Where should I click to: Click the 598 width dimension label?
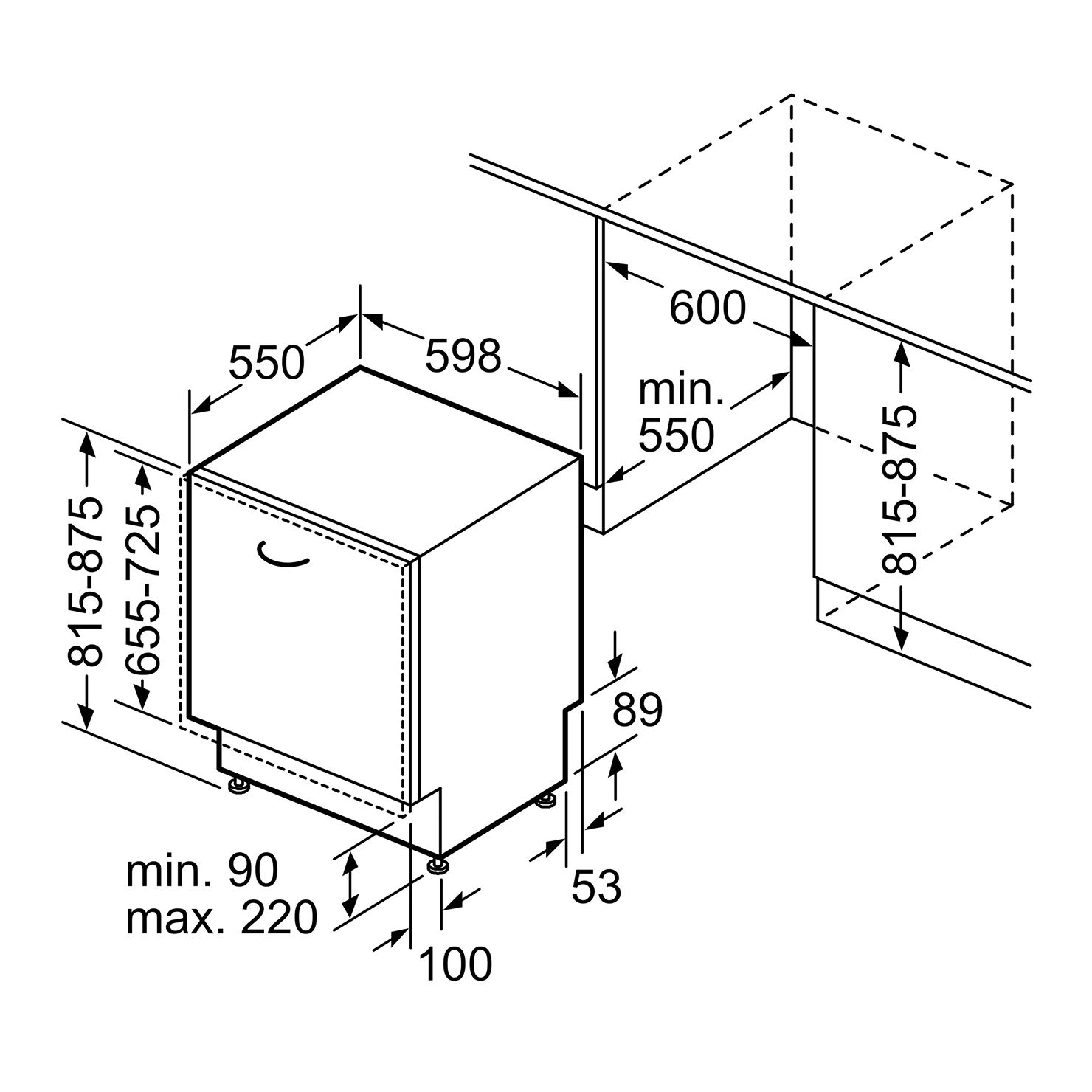(463, 356)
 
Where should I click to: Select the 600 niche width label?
(708, 308)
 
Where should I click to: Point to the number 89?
(638, 709)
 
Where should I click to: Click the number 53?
(596, 886)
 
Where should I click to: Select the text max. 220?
(222, 918)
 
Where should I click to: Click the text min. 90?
(202, 871)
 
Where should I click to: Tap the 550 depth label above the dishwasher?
(266, 362)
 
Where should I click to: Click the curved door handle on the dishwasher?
(283, 556)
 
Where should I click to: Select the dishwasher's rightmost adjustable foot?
(547, 800)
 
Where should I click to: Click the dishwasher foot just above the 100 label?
(437, 864)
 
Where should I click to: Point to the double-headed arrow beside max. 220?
(351, 882)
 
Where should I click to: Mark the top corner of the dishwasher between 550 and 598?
(360, 367)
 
